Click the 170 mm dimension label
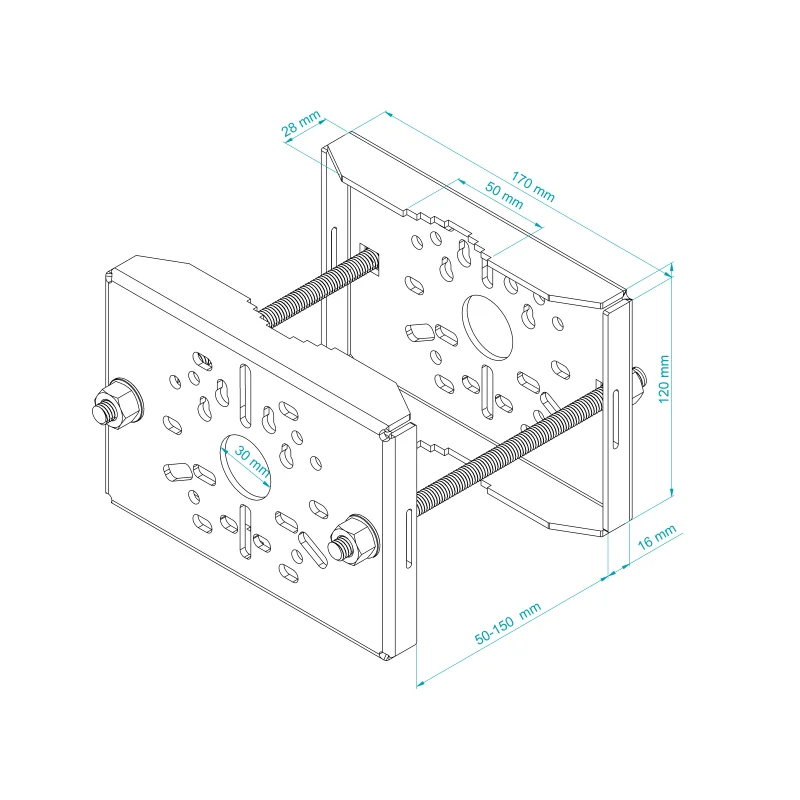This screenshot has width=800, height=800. [533, 187]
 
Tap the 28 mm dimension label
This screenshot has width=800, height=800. [301, 123]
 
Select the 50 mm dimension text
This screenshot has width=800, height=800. [504, 195]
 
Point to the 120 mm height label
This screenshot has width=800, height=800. [664, 379]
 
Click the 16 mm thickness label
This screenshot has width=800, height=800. [657, 536]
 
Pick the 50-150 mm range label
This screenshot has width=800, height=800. [508, 624]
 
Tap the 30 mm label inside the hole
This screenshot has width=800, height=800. [252, 461]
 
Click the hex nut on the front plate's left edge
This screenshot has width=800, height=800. [117, 404]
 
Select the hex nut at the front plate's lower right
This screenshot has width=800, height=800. [353, 540]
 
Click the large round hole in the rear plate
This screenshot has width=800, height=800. [487, 328]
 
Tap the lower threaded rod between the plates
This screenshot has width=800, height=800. [510, 449]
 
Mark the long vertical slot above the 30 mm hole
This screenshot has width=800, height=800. [245, 396]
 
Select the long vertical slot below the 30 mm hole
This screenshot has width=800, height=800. [245, 532]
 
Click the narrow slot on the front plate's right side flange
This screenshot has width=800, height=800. [409, 538]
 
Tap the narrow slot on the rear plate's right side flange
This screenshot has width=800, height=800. [616, 419]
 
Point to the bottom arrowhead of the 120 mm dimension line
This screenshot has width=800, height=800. [672, 491]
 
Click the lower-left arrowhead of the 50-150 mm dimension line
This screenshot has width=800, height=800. [421, 683]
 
